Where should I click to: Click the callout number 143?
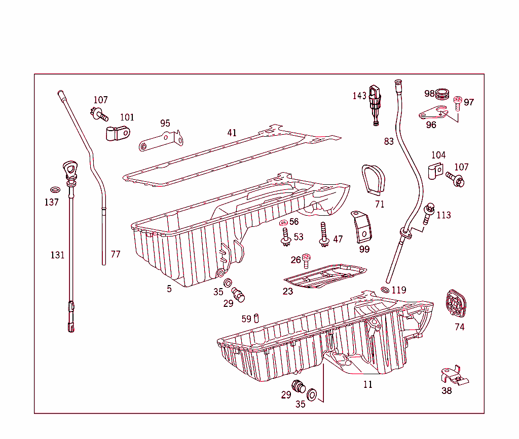[359, 96]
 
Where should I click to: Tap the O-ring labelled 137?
[55, 190]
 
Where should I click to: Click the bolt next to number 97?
[458, 103]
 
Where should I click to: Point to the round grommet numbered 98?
[443, 94]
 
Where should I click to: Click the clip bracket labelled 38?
[455, 375]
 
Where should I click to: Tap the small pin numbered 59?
[257, 318]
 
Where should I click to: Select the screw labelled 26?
[307, 260]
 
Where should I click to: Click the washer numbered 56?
[283, 222]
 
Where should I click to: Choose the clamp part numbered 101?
[117, 134]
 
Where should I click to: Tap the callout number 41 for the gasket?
[232, 133]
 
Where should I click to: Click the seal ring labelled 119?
[385, 290]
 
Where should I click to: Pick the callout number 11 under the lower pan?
[367, 385]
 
